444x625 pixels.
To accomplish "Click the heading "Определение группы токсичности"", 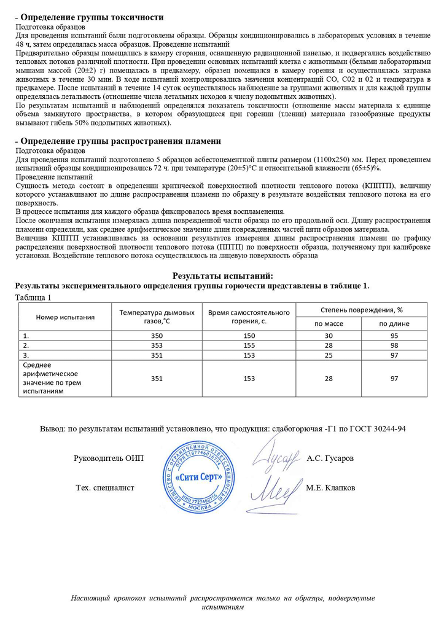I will [92, 17].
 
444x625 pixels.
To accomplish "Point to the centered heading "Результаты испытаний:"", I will [222, 277].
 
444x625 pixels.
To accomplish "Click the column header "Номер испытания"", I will [65, 317].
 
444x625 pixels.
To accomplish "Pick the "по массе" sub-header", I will [329, 323].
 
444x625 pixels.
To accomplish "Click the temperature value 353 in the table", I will [157, 345].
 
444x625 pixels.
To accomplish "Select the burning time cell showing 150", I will [249, 336].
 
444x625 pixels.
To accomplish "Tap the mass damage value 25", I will [329, 355].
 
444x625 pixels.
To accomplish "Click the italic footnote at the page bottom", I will [222, 602].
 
